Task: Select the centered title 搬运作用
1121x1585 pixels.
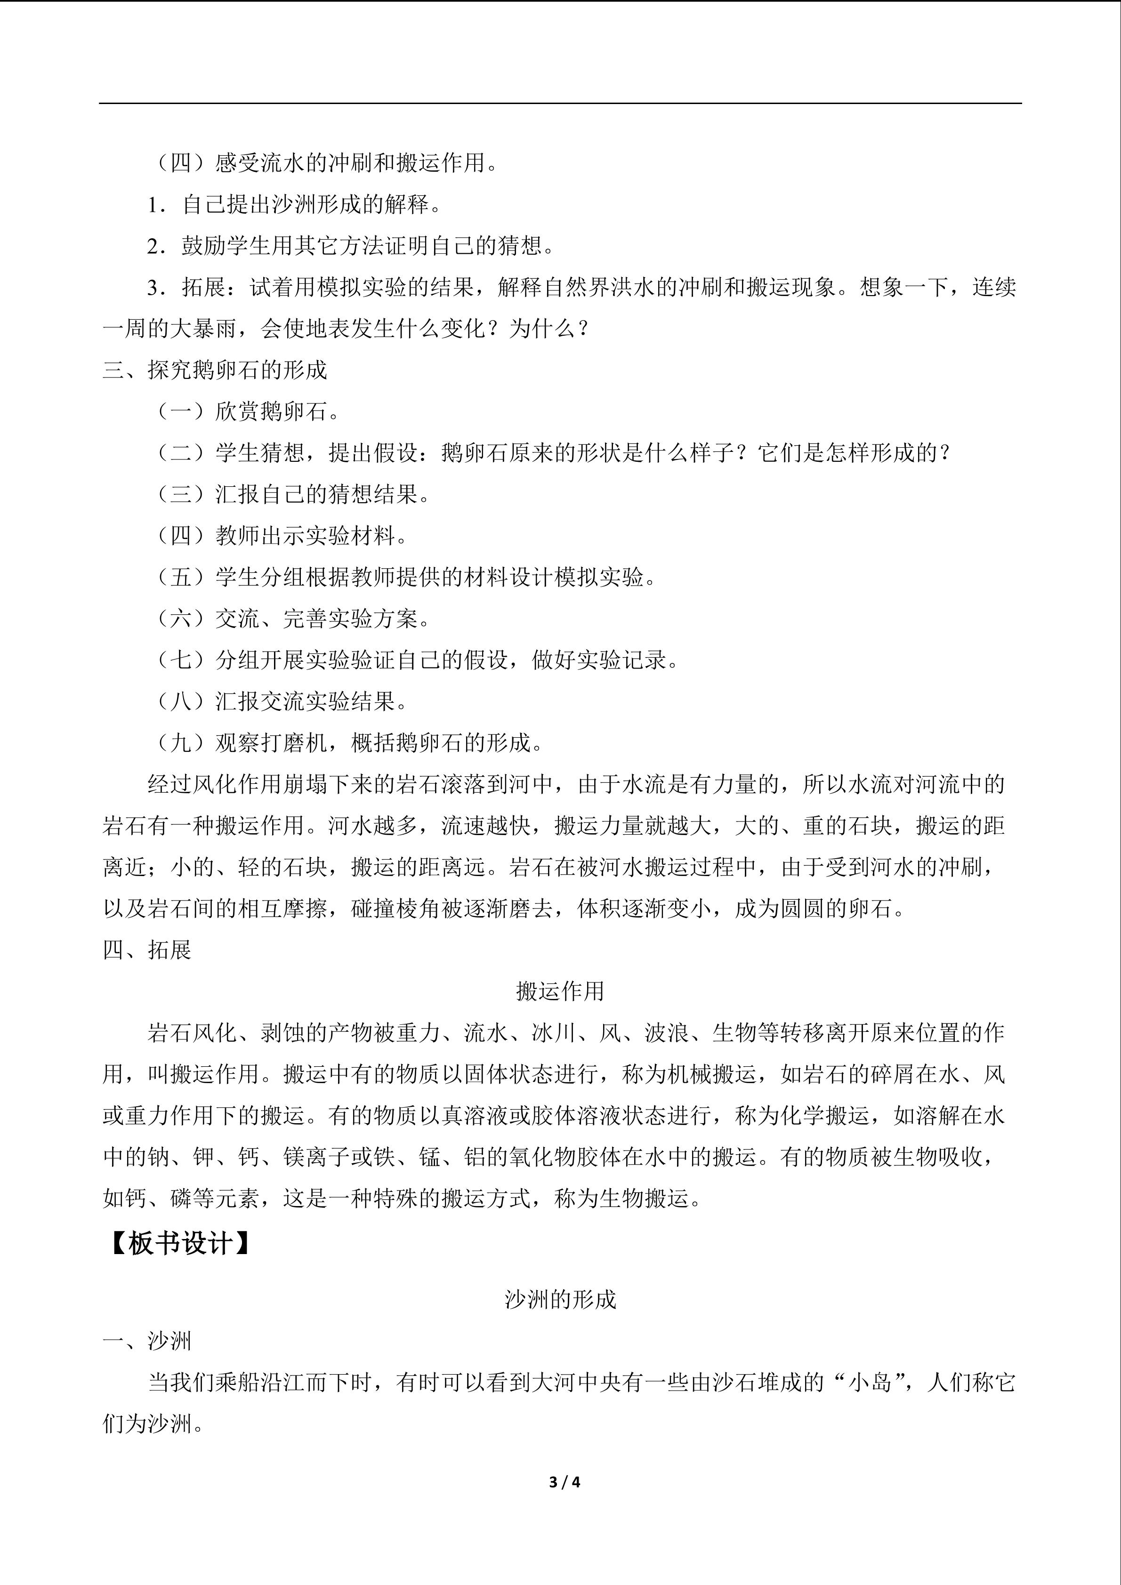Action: tap(560, 991)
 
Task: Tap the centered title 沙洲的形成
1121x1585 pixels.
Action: tap(560, 1300)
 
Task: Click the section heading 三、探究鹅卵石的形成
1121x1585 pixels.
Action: tap(215, 370)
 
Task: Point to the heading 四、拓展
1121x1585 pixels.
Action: tap(146, 950)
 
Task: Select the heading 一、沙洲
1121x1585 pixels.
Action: tap(146, 1341)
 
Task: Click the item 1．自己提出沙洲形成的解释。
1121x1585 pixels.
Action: tap(293, 204)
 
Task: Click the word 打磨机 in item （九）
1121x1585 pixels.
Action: tap(305, 743)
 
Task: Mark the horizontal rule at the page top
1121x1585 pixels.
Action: tap(560, 104)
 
